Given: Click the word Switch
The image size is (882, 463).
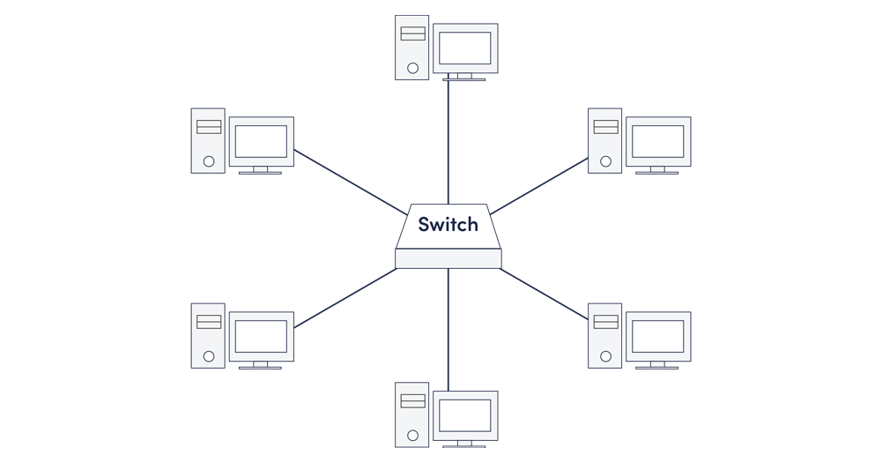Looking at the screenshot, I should coord(448,224).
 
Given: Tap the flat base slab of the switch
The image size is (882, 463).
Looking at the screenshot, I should coord(448,258).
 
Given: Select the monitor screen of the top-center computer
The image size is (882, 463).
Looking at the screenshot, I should coord(464,48).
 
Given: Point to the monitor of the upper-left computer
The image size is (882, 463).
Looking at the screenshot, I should coord(261,141).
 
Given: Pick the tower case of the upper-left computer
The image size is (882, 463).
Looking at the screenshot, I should coord(208,140).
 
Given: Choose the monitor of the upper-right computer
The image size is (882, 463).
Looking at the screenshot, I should coord(657,141).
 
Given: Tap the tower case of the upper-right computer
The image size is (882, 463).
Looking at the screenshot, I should coord(605,140).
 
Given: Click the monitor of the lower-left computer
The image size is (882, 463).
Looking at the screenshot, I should coord(261,336).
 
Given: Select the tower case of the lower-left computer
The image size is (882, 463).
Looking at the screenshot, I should coord(208,335).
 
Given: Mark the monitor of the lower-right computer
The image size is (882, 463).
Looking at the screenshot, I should coord(657,336).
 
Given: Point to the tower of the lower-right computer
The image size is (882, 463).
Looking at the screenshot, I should coord(605,335).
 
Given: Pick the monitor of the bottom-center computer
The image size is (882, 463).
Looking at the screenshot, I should coord(464,414).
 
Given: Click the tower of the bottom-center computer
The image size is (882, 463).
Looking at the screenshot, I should coord(411,414).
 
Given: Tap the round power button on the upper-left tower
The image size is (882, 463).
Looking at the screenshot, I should coord(209,161).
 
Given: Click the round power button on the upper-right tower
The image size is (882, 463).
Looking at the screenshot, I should coord(605,161).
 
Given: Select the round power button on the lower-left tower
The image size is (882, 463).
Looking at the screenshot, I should coord(209,356).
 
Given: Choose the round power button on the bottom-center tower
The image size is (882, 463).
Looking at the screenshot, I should coord(412,435).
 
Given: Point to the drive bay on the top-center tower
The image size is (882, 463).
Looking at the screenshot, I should coord(412,34).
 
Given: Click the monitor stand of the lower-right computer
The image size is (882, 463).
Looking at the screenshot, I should coord(657,364).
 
